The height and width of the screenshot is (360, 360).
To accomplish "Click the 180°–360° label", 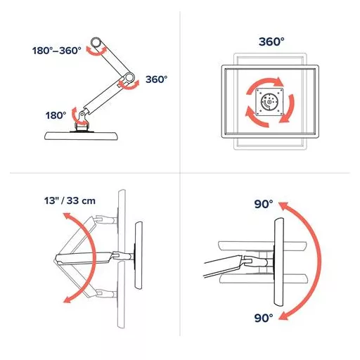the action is [x=57, y=51].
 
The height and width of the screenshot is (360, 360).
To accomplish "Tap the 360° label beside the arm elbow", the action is [x=157, y=79].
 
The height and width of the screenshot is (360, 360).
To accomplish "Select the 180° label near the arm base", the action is [x=56, y=115].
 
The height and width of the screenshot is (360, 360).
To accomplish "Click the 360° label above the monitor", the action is [x=271, y=41].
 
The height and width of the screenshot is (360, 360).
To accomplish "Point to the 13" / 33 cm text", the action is [x=70, y=201].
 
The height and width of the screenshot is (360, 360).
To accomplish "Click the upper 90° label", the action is [x=264, y=204].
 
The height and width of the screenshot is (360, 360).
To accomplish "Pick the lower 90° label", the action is [x=264, y=318].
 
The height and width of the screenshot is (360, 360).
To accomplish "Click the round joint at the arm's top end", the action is [x=96, y=43].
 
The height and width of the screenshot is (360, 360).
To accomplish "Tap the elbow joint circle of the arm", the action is [x=129, y=77].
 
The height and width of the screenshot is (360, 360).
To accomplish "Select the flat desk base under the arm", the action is [x=81, y=136].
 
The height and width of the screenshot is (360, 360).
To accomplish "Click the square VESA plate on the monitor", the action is [x=269, y=102].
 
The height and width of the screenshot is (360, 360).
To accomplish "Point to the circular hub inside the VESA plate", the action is [x=269, y=102].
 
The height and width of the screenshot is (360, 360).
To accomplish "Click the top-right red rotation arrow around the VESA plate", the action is [x=265, y=82].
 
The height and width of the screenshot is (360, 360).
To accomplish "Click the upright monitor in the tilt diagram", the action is [x=278, y=262].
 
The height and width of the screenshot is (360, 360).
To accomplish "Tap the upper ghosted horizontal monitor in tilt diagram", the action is [x=262, y=246].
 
